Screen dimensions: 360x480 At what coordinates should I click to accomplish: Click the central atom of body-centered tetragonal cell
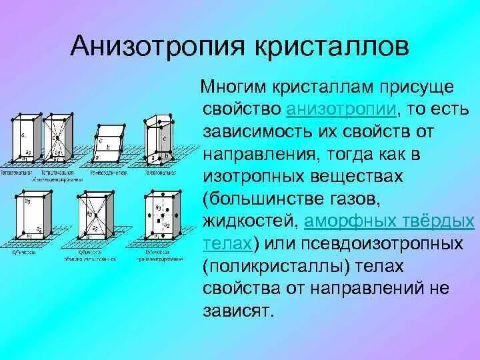(59, 139)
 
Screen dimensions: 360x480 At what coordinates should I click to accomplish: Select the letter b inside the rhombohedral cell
(108, 145)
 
